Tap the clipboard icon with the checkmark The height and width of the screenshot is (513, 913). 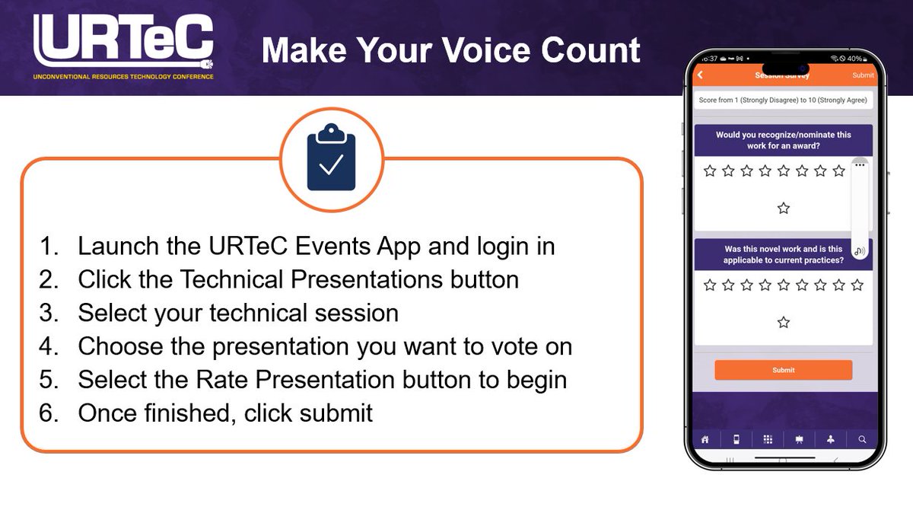(331, 158)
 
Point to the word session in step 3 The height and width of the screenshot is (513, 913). (354, 313)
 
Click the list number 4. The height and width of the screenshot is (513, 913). (49, 346)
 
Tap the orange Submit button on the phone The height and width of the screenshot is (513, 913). (783, 370)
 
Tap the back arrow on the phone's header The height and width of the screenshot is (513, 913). (701, 75)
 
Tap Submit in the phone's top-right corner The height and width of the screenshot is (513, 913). (863, 75)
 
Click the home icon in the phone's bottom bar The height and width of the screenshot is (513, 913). (705, 439)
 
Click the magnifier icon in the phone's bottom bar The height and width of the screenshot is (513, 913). (862, 439)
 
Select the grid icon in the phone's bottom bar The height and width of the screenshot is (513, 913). (768, 439)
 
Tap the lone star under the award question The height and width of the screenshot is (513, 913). (784, 209)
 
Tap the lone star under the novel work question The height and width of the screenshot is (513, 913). (784, 323)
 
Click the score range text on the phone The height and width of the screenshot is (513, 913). (783, 100)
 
